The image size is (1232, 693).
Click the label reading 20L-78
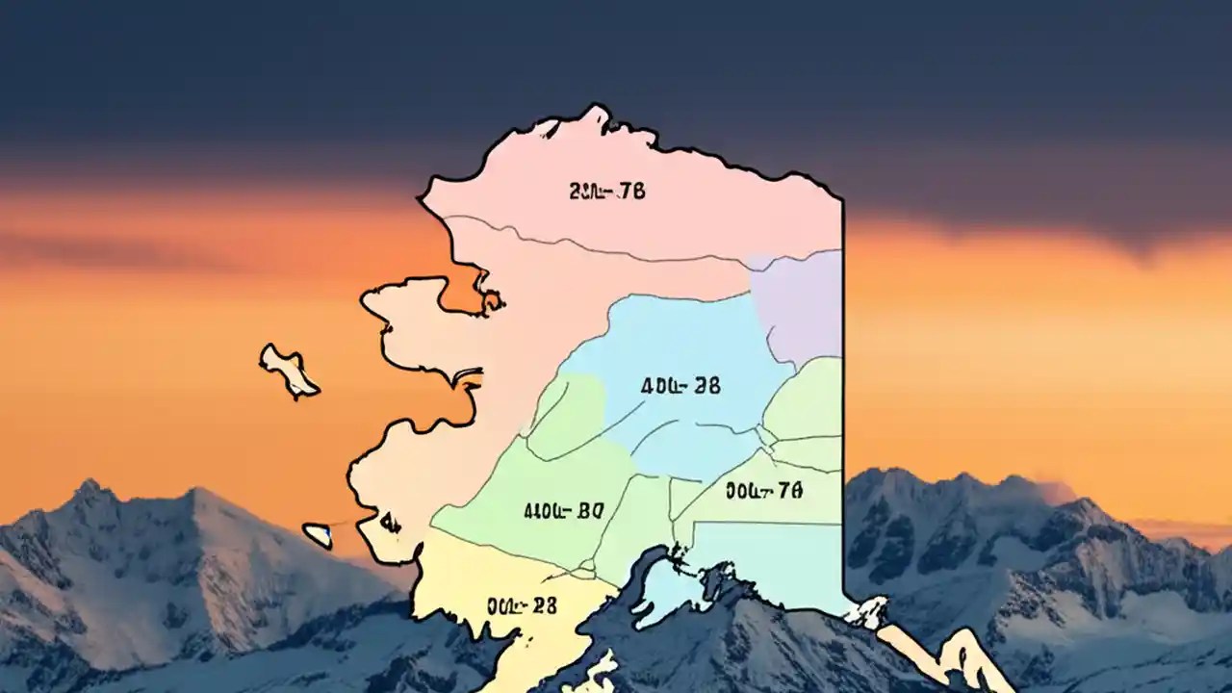(606, 192)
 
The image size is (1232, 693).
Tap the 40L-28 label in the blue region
(680, 386)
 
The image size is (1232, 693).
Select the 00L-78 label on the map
(763, 491)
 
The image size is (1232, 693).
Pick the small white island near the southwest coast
(318, 535)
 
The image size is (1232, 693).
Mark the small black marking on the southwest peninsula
(389, 523)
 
